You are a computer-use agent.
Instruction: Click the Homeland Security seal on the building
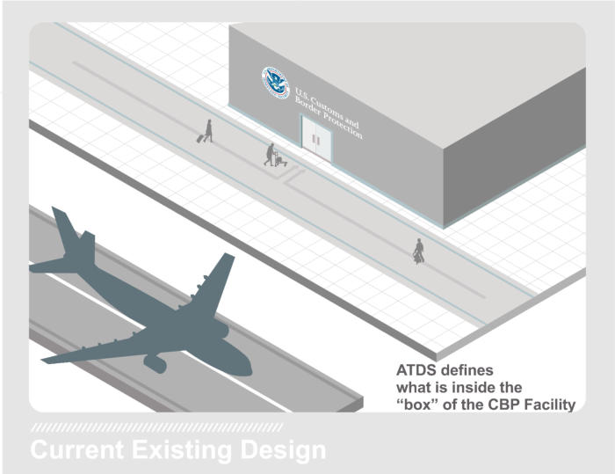tap(276, 83)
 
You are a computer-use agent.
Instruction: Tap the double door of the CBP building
tap(316, 137)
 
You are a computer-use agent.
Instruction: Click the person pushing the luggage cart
tap(270, 154)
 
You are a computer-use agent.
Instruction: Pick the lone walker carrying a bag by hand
tap(419, 250)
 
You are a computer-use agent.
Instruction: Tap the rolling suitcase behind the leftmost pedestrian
tap(201, 138)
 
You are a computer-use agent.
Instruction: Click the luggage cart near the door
tap(281, 160)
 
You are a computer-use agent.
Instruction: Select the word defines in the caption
tap(467, 370)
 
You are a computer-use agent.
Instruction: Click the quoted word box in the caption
tap(417, 405)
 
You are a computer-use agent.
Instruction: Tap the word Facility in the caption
tap(552, 405)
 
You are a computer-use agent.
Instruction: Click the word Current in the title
tap(77, 449)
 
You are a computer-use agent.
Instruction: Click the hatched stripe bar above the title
tap(156, 427)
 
